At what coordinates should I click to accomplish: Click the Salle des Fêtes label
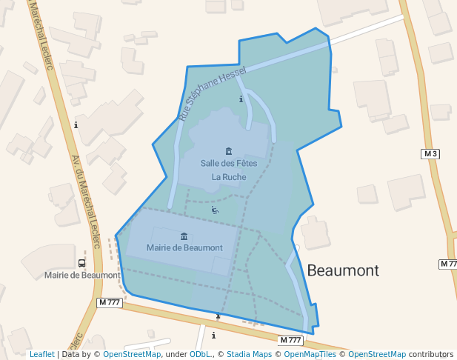[x=228, y=163]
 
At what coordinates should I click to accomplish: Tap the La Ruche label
[x=228, y=177]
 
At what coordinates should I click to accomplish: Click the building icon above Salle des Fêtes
[x=228, y=151]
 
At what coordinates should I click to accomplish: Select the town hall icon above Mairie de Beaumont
[x=184, y=236]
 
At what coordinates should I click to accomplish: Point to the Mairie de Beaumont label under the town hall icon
[x=184, y=247]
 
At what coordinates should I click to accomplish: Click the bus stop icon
[x=81, y=263]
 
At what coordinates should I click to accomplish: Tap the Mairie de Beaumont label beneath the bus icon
[x=81, y=275]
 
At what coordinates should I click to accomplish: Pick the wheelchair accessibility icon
[x=215, y=210]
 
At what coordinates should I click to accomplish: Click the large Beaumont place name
[x=342, y=270]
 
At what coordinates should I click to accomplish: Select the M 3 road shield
[x=430, y=154]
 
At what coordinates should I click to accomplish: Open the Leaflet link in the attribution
[x=41, y=354]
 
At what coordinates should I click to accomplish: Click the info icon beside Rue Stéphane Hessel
[x=241, y=99]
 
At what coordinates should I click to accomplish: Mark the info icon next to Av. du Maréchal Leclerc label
[x=76, y=124]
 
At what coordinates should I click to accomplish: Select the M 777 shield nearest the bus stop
[x=109, y=302]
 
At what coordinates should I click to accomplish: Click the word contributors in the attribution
[x=431, y=354]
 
